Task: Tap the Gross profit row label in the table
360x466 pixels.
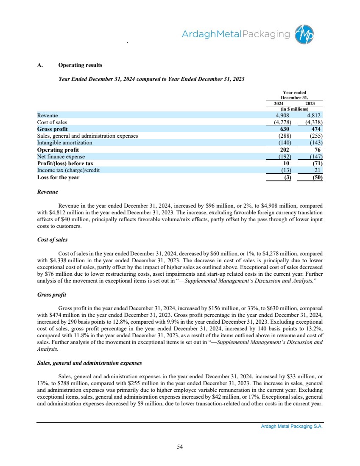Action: coord(52,129)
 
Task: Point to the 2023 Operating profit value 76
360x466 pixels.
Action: coord(319,150)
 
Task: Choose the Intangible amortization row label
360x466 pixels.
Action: coord(64,143)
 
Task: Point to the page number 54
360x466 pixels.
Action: coord(180,446)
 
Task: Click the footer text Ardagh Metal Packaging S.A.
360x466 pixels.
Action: coord(292,427)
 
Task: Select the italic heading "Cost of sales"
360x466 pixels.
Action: coord(52,239)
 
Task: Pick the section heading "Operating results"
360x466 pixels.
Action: coord(80,65)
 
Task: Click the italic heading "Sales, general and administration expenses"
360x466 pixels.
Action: coord(89,363)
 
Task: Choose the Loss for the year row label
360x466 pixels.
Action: coord(58,178)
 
